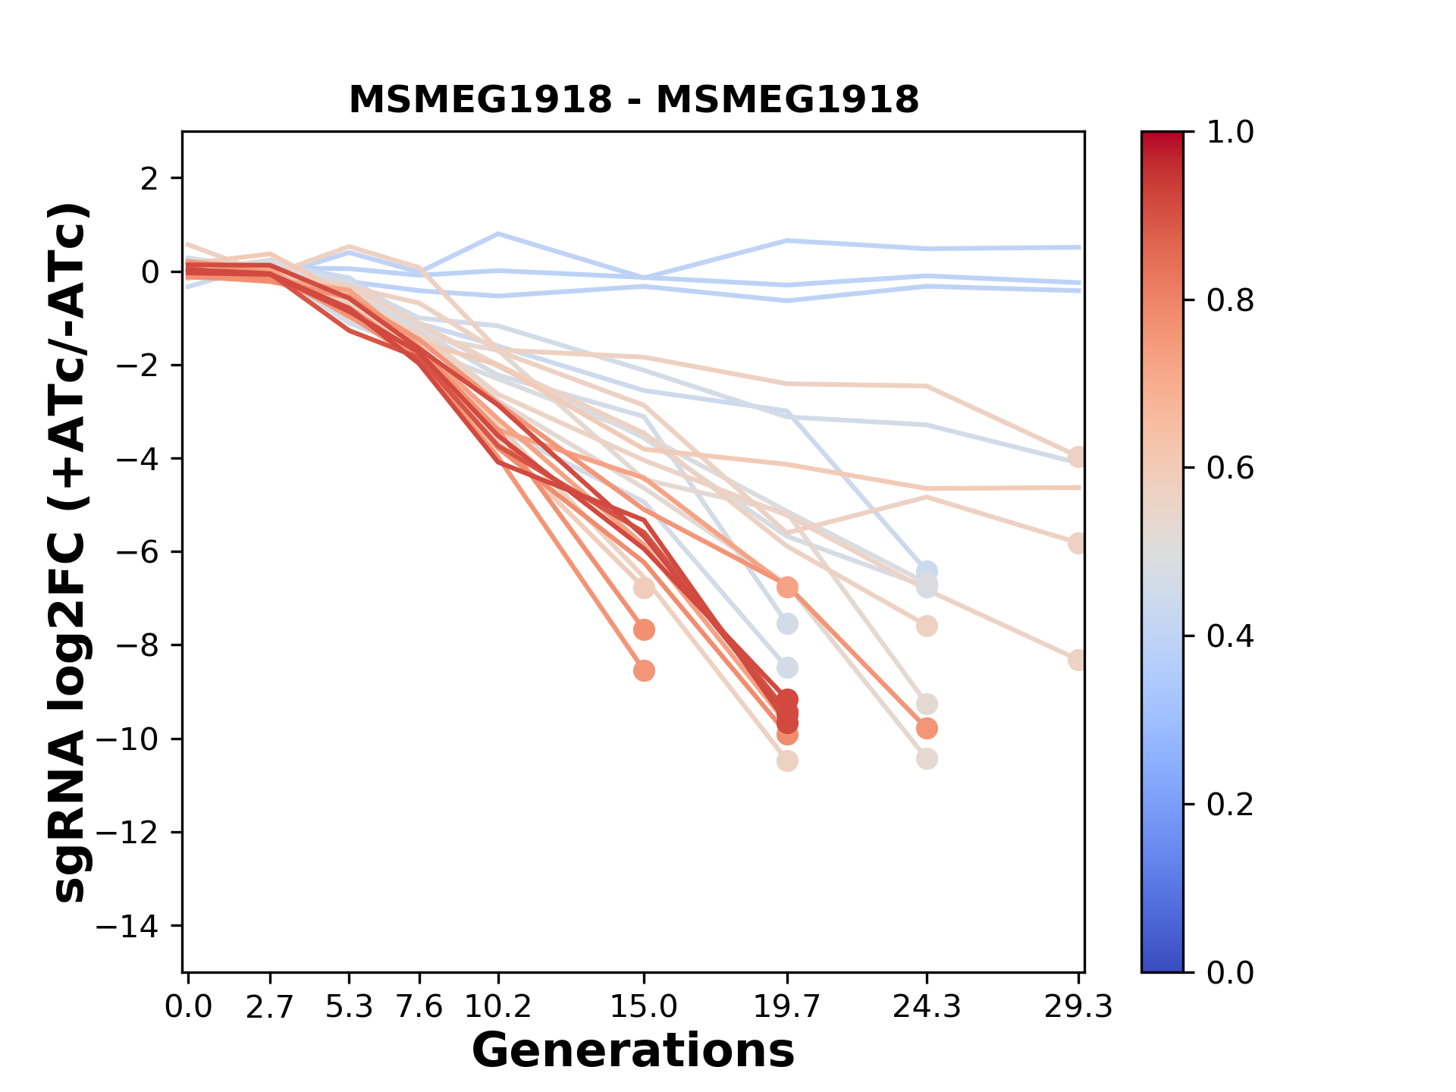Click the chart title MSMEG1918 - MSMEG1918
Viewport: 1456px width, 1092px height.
633,99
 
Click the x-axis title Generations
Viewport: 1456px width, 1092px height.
633,1051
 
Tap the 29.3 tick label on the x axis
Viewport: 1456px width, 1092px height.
1078,1007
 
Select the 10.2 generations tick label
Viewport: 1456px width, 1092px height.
497,1007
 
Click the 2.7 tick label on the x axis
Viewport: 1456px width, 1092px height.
270,1007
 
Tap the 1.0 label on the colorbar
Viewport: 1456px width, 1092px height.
1230,133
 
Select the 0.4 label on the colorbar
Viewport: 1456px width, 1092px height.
1230,636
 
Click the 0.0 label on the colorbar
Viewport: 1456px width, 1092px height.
1230,972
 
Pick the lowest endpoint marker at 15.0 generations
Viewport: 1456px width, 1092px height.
644,671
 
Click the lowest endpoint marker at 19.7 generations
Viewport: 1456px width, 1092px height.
787,761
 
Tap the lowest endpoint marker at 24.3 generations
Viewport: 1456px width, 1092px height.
927,759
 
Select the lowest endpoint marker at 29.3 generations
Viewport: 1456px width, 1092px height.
1078,660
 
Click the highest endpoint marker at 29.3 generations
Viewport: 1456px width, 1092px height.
1078,457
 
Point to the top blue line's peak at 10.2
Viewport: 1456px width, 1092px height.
498,234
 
